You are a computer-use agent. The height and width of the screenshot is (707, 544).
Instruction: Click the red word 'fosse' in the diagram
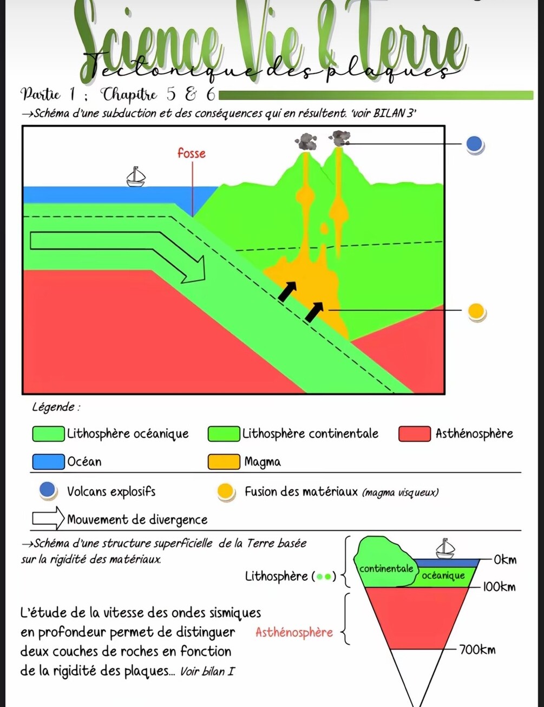coord(192,153)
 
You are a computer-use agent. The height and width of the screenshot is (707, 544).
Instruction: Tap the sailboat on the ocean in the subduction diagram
coord(135,177)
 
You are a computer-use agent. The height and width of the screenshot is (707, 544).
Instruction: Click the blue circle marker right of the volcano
coord(474,144)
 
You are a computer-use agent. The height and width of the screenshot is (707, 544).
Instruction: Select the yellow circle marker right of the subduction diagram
coord(476,311)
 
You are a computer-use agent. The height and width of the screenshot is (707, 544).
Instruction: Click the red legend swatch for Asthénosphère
coord(415,434)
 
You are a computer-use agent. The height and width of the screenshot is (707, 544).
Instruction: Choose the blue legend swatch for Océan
coord(48,462)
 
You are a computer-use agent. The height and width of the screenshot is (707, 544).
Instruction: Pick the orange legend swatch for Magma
coord(224,462)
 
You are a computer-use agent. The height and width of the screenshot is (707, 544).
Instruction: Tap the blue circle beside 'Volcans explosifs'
coord(48,490)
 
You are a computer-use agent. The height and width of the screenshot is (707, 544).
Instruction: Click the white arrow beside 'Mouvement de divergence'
coord(48,519)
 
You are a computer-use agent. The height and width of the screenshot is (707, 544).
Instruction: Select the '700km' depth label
coord(477,649)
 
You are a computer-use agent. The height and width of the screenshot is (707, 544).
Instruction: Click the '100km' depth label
coord(499,587)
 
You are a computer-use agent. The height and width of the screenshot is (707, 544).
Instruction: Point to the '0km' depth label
coord(504,559)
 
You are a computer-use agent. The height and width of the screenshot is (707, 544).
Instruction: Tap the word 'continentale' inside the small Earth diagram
coord(386,568)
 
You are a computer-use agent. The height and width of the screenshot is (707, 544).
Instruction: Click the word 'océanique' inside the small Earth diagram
coord(443,575)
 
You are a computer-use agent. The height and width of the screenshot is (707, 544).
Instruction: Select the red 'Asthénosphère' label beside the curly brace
coord(294,632)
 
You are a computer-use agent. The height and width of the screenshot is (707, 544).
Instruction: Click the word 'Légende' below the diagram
coord(53,407)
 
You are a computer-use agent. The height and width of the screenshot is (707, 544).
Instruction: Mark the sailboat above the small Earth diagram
coord(445,548)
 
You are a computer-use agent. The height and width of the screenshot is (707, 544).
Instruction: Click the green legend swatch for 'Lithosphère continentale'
coord(224,434)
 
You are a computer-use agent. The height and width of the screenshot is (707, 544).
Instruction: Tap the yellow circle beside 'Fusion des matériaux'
coord(225,492)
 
